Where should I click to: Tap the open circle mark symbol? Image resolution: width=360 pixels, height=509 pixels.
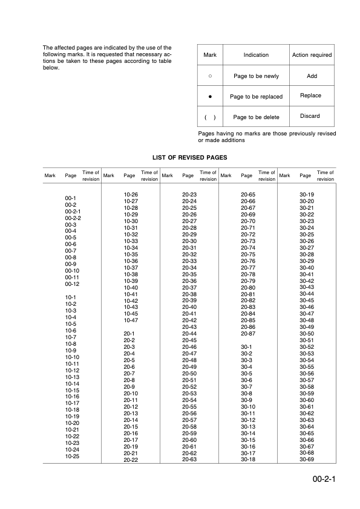pos(210,76)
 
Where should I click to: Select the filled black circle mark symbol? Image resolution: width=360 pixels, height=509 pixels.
pos(210,96)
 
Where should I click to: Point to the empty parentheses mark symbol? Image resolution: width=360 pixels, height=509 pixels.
pos(210,117)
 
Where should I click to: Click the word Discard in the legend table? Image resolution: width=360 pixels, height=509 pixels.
pos(310,116)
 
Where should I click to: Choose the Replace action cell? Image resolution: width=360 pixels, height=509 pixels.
pos(310,96)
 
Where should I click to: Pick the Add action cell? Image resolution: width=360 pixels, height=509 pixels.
pos(312,76)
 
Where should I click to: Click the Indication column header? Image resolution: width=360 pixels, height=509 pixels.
pos(256,55)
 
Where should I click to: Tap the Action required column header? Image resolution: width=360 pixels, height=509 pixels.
pos(312,55)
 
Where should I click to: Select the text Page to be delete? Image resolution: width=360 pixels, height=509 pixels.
pos(256,117)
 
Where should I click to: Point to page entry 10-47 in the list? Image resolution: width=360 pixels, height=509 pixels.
pos(131,320)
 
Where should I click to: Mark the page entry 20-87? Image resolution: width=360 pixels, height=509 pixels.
pos(248,334)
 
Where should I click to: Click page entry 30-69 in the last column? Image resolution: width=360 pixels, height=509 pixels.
pos(307,459)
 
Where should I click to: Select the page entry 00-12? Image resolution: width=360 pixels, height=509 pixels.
pos(72,284)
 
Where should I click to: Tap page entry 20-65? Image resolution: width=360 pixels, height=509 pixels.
pos(248,195)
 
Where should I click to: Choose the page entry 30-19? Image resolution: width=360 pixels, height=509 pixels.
pos(307,195)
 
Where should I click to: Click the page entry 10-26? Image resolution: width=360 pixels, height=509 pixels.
pos(131,195)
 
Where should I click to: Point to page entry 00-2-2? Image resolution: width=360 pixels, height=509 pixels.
pos(73,218)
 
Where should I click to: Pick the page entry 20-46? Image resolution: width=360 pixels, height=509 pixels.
pos(189,347)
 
